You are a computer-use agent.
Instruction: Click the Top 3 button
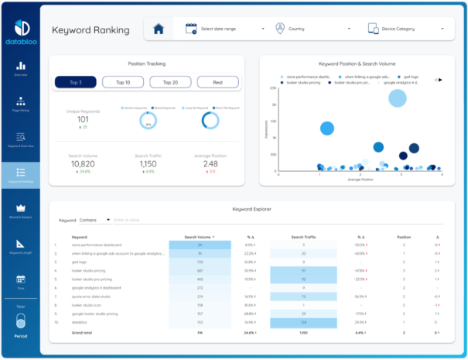coord(75,82)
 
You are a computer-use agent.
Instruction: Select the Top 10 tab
coord(123,82)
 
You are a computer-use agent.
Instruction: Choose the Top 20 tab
coord(170,82)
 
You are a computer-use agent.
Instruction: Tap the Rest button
coord(217,82)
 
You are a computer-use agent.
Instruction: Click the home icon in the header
coord(159,29)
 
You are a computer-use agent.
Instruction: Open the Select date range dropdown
coord(219,29)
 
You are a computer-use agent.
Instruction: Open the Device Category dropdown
coord(406,29)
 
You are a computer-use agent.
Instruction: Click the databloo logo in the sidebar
coord(20,34)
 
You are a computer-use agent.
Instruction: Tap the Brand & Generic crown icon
coord(20,210)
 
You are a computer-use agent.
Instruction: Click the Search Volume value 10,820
coord(83,164)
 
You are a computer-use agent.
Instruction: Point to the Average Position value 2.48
coord(210,164)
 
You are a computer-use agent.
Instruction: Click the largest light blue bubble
coord(398,98)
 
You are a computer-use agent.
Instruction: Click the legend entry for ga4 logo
coord(409,77)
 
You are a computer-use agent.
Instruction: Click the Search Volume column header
coord(198,237)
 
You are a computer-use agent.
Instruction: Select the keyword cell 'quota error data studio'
coord(89,296)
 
